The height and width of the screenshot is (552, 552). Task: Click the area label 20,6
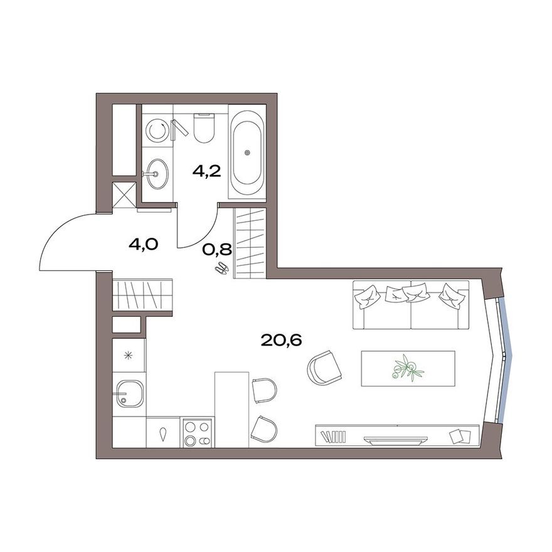(282, 341)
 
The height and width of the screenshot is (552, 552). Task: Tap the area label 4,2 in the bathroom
(206, 171)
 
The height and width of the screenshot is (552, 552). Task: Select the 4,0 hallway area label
(142, 244)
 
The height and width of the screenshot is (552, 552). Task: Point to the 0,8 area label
(217, 250)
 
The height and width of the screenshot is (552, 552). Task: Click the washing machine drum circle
(156, 131)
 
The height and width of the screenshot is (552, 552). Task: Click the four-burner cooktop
(198, 433)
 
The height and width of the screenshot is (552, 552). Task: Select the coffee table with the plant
(408, 367)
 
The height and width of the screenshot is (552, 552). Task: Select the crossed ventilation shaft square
(124, 194)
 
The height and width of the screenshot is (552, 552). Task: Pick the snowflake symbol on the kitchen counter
(129, 356)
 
